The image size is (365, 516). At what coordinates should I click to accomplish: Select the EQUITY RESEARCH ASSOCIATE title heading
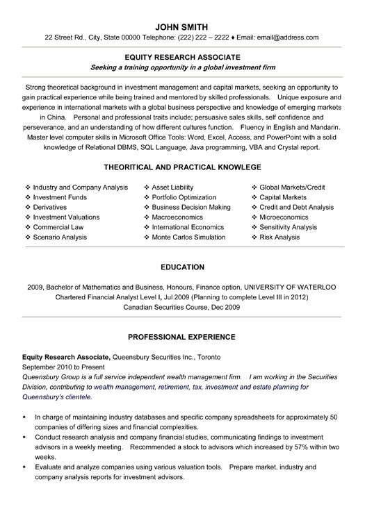point(182,56)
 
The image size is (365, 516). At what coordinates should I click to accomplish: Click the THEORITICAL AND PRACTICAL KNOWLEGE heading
point(182,167)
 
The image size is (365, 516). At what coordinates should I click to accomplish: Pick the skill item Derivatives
point(52,207)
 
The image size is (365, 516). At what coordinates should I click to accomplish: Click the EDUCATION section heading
point(182,267)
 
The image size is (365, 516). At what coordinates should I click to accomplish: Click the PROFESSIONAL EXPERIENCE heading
point(182,337)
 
